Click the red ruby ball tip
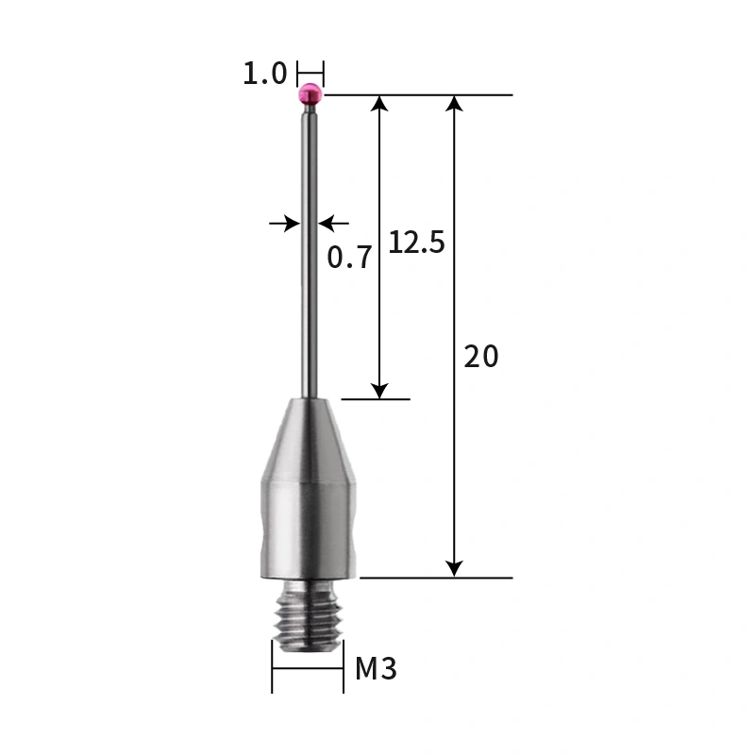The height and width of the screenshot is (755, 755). (310, 93)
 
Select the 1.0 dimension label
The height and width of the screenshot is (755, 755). (264, 73)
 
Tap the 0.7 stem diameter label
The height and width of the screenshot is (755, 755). (349, 257)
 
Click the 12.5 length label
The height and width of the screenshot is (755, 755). (416, 243)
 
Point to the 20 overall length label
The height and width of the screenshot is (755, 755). (480, 357)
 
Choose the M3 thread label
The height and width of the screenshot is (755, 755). (376, 669)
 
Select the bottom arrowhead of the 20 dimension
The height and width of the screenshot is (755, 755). (455, 567)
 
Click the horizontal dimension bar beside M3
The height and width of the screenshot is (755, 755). (308, 669)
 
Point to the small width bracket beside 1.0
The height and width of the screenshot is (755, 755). (310, 73)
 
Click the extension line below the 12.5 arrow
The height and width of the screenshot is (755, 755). (376, 399)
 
